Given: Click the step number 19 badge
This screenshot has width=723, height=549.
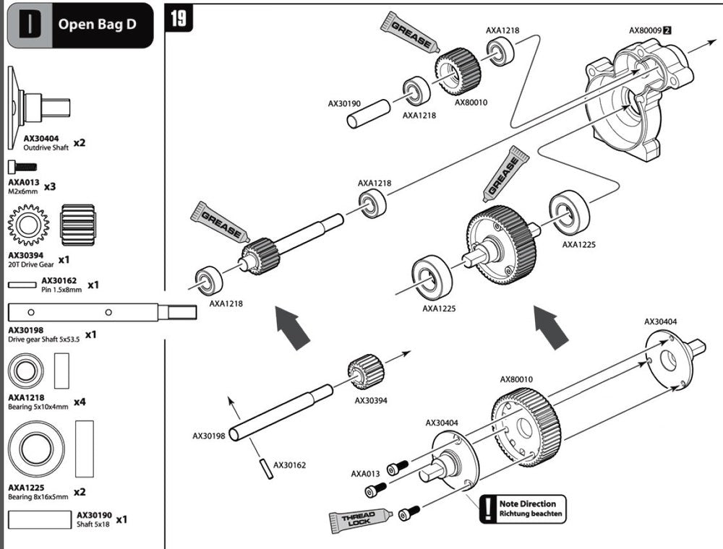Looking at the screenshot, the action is coord(179,19).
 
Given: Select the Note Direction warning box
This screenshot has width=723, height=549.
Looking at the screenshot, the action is coord(523,509).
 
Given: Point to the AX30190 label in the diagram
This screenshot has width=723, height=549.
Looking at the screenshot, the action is coord(344,103).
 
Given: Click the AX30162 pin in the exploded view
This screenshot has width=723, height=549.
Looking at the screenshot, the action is coord(265,469).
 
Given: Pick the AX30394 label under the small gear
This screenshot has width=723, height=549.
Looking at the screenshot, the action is coord(371,400).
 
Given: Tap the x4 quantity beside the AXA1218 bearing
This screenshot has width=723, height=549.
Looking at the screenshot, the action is coord(80,402).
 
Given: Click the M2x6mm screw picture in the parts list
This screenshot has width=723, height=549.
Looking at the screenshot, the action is coord(22,166).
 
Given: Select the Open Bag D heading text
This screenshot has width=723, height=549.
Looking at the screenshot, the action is coord(98,24).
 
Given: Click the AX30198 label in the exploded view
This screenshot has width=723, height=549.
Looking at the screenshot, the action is coord(208,436).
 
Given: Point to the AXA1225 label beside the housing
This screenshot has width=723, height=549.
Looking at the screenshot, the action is coord(578,245).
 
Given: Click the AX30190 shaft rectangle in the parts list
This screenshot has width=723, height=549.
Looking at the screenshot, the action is coord(40,519).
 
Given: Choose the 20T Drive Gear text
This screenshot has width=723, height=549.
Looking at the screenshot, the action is coord(31,264).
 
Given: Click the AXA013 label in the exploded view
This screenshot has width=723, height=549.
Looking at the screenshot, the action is coord(365,473).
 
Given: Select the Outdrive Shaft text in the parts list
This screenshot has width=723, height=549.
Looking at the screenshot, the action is coord(46,147).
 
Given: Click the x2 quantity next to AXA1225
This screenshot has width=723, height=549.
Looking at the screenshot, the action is coord(80,492).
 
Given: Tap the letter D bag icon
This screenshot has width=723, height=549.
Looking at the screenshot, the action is coord(30,25).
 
